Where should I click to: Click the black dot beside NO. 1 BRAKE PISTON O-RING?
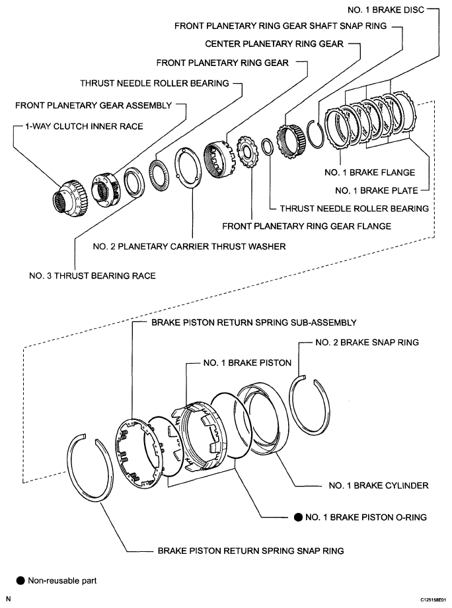pos(298,518)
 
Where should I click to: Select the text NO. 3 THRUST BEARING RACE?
pos(93,275)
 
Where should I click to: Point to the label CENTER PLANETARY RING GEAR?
pos(274,44)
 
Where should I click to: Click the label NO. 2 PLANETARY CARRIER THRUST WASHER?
pos(189,247)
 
